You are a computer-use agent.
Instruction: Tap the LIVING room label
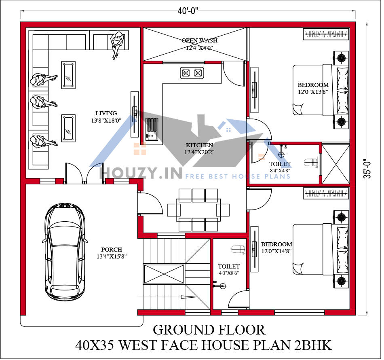[106, 113]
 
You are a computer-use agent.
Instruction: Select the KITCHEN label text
[199, 145]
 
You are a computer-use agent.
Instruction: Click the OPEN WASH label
[199, 40]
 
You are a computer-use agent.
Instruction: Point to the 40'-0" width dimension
[188, 11]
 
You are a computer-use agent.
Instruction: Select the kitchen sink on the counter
[152, 128]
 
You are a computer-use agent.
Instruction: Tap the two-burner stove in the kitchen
[192, 73]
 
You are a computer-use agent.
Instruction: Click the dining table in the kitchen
[198, 210]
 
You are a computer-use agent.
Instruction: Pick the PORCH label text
[112, 250]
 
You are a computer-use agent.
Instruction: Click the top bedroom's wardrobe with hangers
[326, 34]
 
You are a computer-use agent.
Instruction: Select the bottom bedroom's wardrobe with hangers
[326, 193]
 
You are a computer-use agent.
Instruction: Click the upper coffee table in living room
[68, 74]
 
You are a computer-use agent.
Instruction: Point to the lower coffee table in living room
[68, 129]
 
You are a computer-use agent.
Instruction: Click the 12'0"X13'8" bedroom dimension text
[313, 92]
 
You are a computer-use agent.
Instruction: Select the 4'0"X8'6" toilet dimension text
[229, 273]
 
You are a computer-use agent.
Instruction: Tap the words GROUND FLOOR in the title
[209, 330]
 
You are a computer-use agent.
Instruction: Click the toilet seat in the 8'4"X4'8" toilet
[310, 163]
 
